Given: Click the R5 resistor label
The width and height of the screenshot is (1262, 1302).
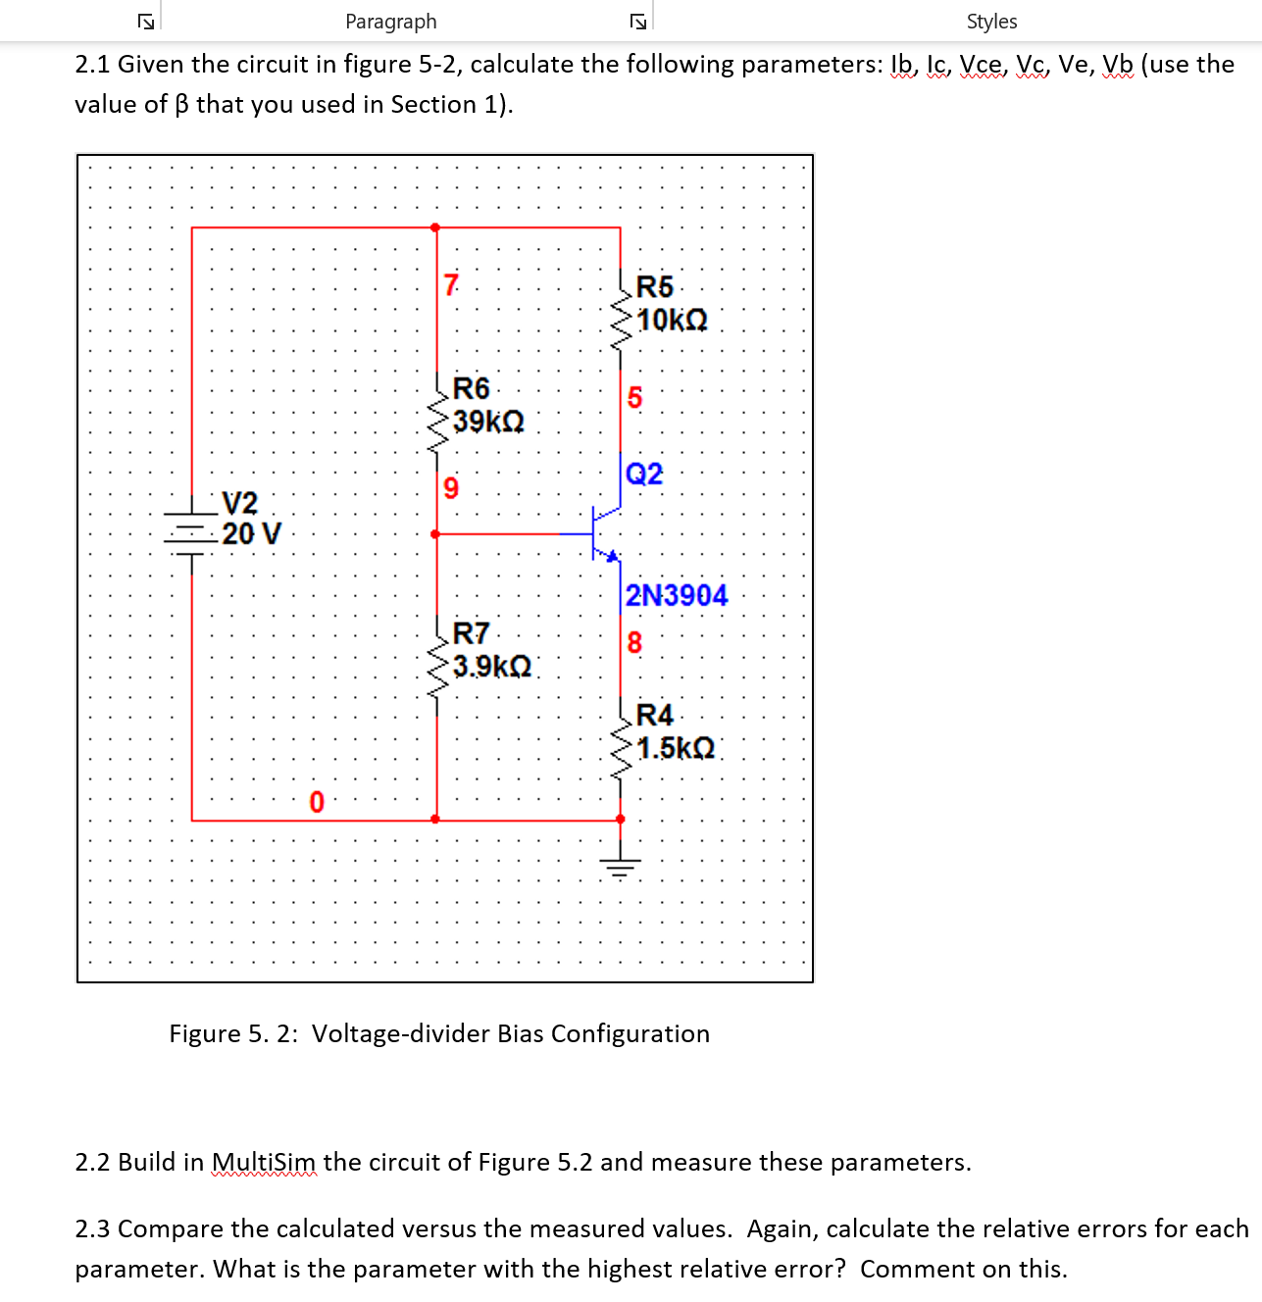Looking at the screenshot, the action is [x=654, y=287].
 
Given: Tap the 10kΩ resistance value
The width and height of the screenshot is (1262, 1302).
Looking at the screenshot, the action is [x=672, y=321].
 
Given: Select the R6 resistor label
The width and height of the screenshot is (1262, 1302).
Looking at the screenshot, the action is [x=471, y=388].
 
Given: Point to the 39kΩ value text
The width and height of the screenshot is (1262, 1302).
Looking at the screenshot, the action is [x=488, y=422].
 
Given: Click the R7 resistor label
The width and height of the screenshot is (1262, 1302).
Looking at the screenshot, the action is [x=471, y=633].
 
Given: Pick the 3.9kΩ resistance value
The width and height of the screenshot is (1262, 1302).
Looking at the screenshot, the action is [x=492, y=667].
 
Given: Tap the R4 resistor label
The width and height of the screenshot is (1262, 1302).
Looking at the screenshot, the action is [x=654, y=715].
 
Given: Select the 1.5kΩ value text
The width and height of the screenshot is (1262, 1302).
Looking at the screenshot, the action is [x=676, y=748].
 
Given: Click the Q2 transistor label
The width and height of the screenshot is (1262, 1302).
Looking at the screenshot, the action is [x=644, y=475].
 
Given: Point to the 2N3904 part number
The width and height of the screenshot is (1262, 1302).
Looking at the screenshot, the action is [x=677, y=595].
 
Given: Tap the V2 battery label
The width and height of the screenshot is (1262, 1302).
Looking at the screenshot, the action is [x=239, y=503].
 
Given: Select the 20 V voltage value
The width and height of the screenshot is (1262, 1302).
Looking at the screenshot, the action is [x=251, y=534].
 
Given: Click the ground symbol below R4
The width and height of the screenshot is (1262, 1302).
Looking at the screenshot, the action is [x=620, y=866].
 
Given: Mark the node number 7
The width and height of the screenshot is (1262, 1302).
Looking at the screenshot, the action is [x=451, y=285].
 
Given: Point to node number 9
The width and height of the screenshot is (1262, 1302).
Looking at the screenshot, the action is [x=451, y=488].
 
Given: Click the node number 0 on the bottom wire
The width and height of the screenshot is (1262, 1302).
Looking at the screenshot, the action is [x=316, y=802].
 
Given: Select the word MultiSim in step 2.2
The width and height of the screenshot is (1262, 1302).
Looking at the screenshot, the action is [x=264, y=1163].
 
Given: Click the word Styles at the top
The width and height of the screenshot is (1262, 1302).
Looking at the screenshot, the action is [x=991, y=22].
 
